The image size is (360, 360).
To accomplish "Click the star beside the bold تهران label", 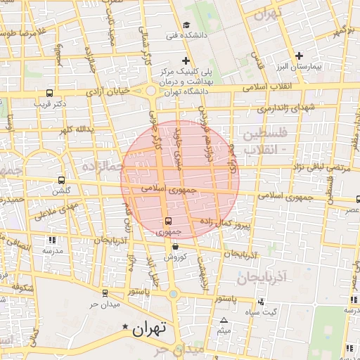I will pyautogui.click(x=126, y=327).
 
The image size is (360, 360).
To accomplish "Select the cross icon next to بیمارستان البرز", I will pyautogui.click(x=299, y=56).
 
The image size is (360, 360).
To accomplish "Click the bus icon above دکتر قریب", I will pyautogui.click(x=49, y=93).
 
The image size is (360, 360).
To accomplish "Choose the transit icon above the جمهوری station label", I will pyautogui.click(x=167, y=221).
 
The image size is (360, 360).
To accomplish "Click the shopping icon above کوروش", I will pyautogui.click(x=174, y=247).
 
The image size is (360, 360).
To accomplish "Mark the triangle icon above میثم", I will pyautogui.click(x=224, y=321).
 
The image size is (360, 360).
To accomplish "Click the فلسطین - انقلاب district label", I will pyautogui.click(x=262, y=141).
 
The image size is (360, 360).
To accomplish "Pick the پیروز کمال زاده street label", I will pyautogui.click(x=222, y=224).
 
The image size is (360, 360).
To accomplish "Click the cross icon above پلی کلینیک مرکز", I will pyautogui.click(x=186, y=60).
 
